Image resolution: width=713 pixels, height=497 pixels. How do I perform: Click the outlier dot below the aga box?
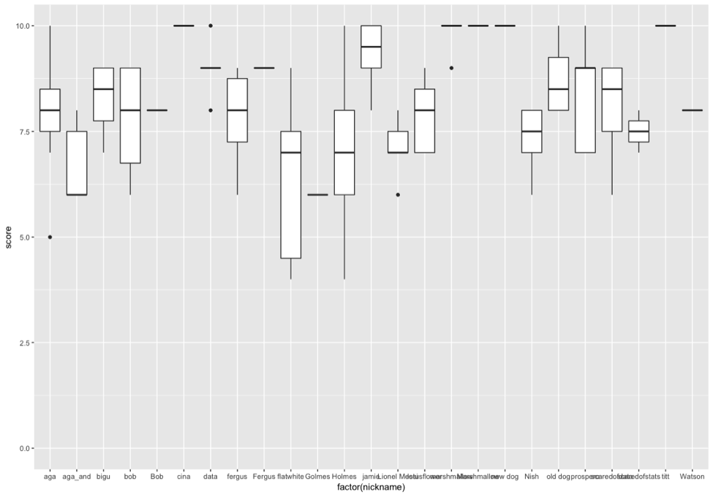[x=50, y=237]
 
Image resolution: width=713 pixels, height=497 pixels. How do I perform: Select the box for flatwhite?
[x=290, y=194]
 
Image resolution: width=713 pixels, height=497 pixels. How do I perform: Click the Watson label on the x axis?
[x=692, y=477]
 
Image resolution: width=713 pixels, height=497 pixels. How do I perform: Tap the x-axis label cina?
[x=184, y=477]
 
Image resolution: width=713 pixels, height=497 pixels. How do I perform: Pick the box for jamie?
[x=371, y=46]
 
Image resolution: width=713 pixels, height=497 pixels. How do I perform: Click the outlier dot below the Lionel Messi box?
[x=398, y=194]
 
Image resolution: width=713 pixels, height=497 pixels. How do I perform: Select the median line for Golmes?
[x=317, y=194]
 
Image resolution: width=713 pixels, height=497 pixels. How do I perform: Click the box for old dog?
[x=559, y=83]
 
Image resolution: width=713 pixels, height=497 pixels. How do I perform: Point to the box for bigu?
[x=103, y=94]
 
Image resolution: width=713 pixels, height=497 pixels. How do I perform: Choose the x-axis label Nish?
[x=532, y=477]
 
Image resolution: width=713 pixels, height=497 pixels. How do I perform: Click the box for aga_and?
[x=77, y=163]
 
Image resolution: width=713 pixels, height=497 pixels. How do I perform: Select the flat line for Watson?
[x=692, y=110]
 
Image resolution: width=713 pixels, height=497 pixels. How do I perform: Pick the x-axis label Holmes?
[x=344, y=477]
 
